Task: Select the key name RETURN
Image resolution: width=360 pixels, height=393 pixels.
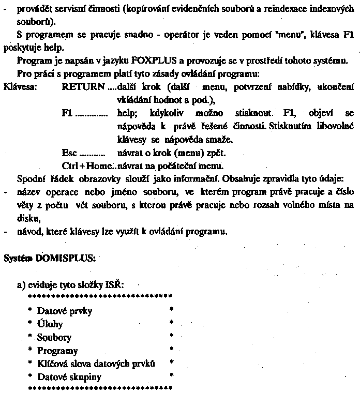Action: [83, 86]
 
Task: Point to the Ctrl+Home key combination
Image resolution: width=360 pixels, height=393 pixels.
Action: [86, 166]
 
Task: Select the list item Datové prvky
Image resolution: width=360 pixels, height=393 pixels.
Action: [65, 311]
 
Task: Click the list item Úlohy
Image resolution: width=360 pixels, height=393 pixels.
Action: [50, 324]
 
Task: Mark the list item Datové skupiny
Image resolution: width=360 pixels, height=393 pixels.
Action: [69, 377]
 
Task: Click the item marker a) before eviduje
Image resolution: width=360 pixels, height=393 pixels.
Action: [22, 285]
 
